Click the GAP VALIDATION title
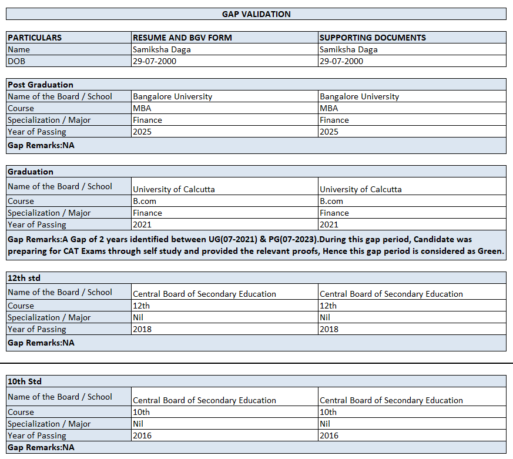pos(256,14)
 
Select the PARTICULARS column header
pos(35,38)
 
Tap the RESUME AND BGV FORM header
pos(182,38)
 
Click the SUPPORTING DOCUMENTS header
pos(373,38)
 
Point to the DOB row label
pos(17,61)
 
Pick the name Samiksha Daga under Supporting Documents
pos(348,49)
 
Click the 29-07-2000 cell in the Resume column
pos(155,61)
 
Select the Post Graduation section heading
pos(41,85)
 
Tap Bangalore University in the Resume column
pos(173,96)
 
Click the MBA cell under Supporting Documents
pos(329,108)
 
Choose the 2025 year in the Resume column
pos(142,132)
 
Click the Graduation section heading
pos(31,172)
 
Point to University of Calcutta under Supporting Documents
pos(361,189)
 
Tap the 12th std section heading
pos(24,277)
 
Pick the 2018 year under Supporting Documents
pos(329,329)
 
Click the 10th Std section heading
pos(25,381)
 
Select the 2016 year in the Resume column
pos(142,435)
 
